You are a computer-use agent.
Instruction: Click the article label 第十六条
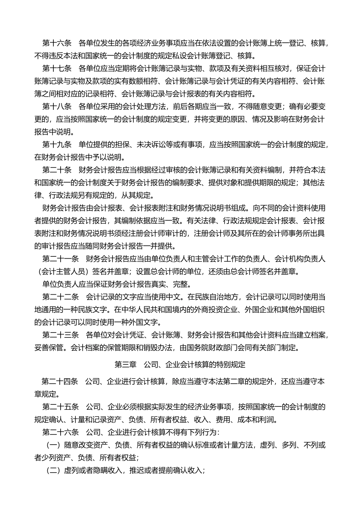[57, 43]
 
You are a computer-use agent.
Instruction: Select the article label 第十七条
[57, 69]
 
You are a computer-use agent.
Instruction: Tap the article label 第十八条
[57, 106]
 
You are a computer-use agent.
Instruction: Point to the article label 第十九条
[57, 144]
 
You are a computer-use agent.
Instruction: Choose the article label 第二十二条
[61, 297]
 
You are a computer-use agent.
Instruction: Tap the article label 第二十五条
[61, 407]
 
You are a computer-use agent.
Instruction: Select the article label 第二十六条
[61, 432]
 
